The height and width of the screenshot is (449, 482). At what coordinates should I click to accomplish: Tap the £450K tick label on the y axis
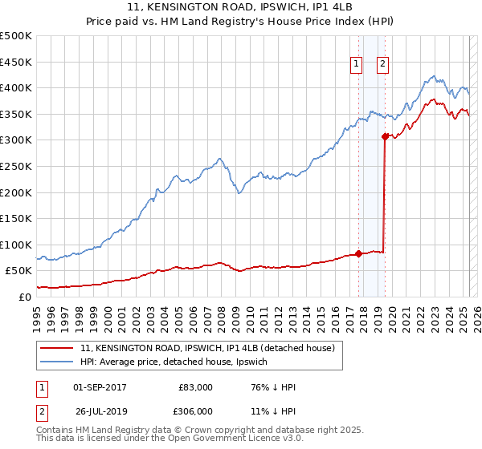point(16,62)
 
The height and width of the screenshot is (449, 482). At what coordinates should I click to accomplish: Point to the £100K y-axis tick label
point(16,245)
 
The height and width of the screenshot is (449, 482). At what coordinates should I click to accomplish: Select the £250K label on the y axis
point(16,166)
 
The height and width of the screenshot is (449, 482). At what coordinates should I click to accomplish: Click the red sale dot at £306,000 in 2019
point(385,136)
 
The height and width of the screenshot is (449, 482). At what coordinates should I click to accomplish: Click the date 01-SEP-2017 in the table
point(100,388)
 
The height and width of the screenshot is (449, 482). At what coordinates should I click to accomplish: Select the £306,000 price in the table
point(195,411)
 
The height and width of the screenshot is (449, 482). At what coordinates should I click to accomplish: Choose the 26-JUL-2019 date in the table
point(100,411)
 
